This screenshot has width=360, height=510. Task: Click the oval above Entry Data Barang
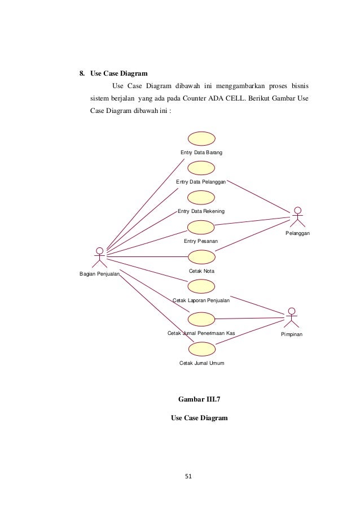tap(201, 138)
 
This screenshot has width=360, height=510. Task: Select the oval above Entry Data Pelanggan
tap(201, 168)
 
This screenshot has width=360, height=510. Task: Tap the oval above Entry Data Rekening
tap(201, 197)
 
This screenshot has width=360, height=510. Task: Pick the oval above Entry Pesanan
tap(201, 227)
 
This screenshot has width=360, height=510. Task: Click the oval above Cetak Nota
tap(201, 257)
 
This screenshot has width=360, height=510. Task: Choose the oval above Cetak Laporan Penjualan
tap(201, 286)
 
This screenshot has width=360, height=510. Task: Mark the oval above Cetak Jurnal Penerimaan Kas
tap(201, 319)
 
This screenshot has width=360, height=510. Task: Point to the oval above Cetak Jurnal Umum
tap(201, 348)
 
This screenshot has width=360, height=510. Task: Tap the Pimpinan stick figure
tap(291, 317)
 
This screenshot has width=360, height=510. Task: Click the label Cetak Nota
tap(201, 272)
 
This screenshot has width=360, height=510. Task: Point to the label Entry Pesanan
tap(201, 241)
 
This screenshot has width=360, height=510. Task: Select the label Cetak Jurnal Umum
tap(201, 363)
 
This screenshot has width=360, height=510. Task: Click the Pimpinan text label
tap(292, 335)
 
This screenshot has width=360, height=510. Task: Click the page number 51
tap(189, 476)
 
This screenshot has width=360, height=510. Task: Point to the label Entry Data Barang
tap(201, 153)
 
